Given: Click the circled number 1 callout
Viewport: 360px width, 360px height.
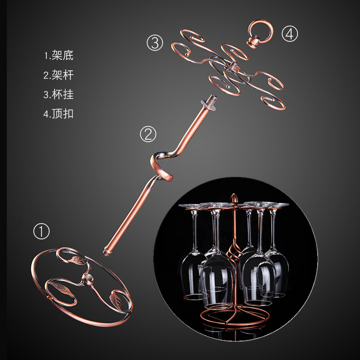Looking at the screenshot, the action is pyautogui.click(x=41, y=231).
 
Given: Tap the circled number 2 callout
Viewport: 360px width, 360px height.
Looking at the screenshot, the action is pyautogui.click(x=148, y=134).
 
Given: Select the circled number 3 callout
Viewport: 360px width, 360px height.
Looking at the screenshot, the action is pyautogui.click(x=155, y=43).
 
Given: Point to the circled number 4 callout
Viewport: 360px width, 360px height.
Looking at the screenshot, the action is pyautogui.click(x=290, y=34).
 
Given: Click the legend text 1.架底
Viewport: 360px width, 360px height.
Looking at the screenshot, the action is pyautogui.click(x=59, y=55).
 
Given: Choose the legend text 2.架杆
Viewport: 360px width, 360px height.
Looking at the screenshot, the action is pyautogui.click(x=58, y=75).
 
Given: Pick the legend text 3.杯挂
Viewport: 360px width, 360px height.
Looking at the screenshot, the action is pyautogui.click(x=58, y=94).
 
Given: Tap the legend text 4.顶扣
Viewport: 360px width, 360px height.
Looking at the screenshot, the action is pyautogui.click(x=58, y=114).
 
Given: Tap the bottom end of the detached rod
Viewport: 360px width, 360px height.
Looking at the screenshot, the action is pyautogui.click(x=107, y=252).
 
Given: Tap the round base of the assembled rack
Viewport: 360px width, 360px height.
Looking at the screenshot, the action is pyautogui.click(x=234, y=317).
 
